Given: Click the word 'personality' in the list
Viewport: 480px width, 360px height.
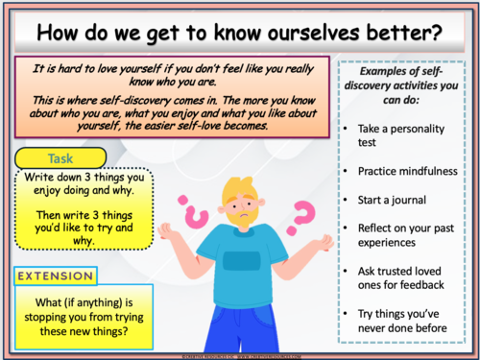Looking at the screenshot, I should tap(421, 127).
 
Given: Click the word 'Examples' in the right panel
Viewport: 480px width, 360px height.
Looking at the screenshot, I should tap(384, 72).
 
